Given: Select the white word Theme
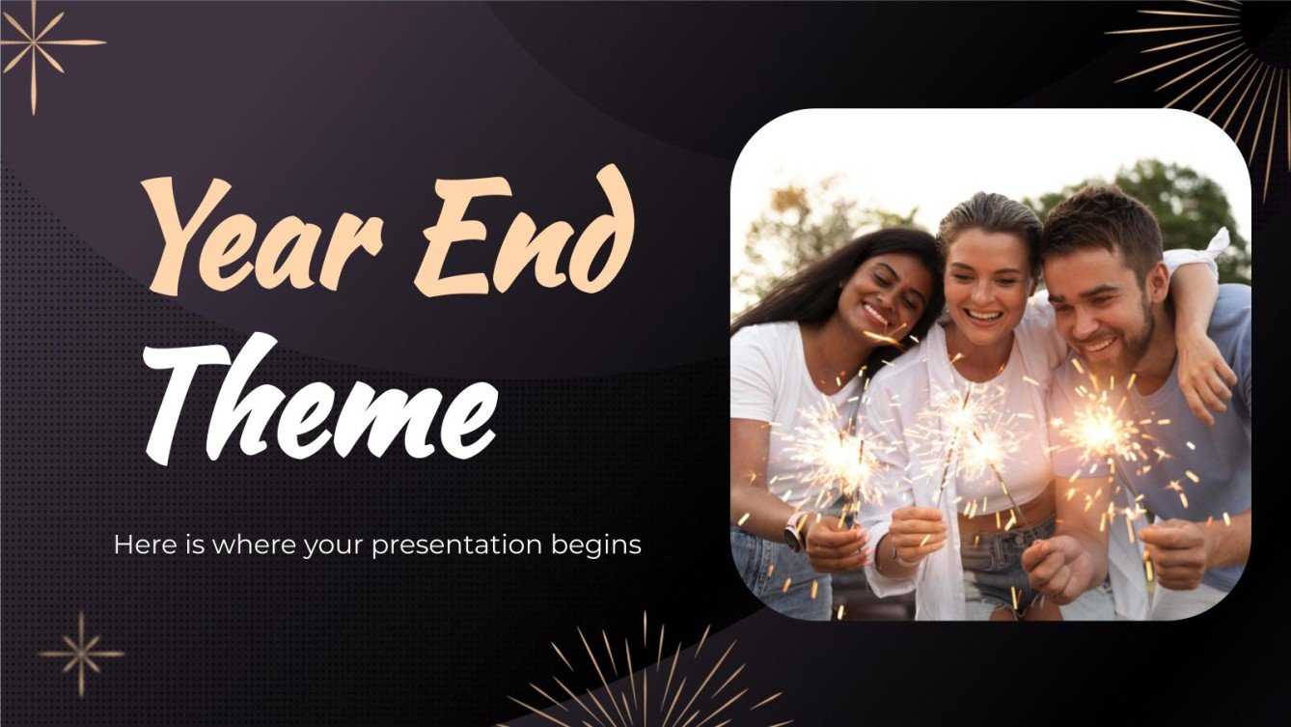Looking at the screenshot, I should pyautogui.click(x=321, y=397).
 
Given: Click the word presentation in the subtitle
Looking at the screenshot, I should pyautogui.click(x=443, y=545).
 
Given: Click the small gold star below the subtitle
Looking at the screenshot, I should pyautogui.click(x=81, y=654).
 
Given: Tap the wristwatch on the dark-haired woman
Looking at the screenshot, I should pyautogui.click(x=794, y=530).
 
